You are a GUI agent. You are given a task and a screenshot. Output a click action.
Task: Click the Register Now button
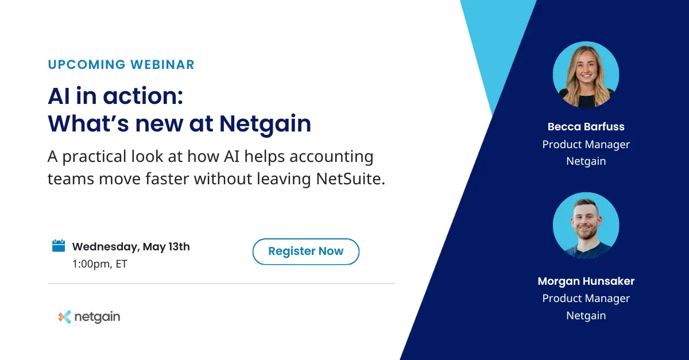tap(305, 251)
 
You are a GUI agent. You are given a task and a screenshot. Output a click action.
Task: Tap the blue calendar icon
tap(59, 246)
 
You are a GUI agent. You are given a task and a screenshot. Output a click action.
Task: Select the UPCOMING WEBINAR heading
tap(121, 64)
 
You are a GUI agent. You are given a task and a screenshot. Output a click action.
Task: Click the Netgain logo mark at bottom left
tap(65, 317)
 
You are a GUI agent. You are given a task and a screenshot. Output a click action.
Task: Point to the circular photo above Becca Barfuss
tap(586, 75)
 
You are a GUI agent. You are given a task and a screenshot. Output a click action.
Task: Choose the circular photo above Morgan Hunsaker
tap(586, 225)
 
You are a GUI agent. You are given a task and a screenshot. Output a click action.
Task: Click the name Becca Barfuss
tap(586, 127)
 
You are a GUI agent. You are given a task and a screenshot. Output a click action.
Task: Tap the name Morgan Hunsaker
tap(586, 281)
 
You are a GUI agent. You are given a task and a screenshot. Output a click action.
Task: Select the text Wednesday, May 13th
tap(131, 247)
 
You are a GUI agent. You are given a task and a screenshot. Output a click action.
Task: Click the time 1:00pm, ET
tap(99, 264)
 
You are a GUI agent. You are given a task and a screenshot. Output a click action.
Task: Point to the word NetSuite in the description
tap(350, 179)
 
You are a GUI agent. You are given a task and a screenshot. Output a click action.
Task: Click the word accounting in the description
tap(326, 156)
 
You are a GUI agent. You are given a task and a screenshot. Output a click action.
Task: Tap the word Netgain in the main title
tap(265, 123)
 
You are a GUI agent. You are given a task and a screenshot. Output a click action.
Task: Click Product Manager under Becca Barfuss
tap(586, 144)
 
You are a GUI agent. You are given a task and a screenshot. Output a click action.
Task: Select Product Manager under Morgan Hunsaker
tap(586, 298)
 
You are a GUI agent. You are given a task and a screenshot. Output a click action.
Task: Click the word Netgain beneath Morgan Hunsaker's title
tap(586, 315)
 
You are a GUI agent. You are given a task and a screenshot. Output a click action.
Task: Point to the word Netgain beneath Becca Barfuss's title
tap(586, 161)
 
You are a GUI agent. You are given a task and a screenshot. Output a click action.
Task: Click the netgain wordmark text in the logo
tap(98, 317)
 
